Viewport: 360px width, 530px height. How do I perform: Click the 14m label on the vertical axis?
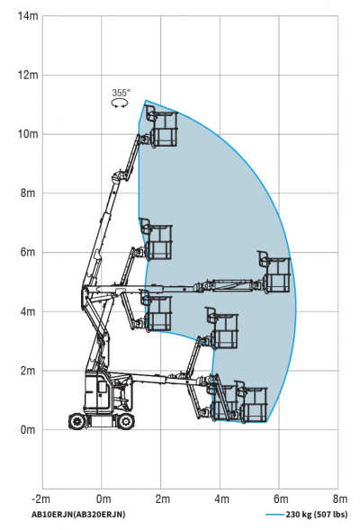pos(28,16)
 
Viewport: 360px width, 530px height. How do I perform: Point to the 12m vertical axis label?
pos(28,75)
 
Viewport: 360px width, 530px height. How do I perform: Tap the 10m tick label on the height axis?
pos(28,134)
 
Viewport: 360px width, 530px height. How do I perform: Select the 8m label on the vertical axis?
pos(28,193)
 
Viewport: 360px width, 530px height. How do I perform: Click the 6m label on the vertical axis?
pos(28,253)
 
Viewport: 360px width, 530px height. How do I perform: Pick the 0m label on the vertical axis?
pos(28,430)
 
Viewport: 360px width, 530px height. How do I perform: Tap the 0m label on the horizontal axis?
pos(103,499)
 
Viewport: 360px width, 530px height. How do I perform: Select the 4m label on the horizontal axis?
pos(221,499)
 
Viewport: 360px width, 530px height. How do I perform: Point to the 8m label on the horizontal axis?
pos(339,499)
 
